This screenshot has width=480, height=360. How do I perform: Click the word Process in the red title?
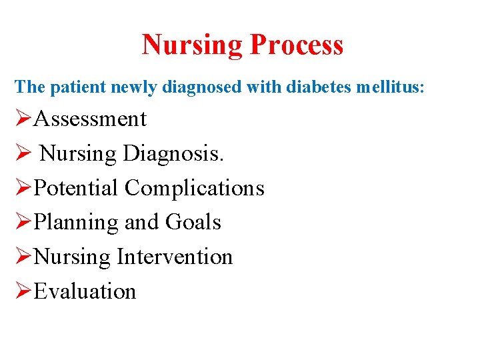point(297,45)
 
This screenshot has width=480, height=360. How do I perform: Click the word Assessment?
point(90,119)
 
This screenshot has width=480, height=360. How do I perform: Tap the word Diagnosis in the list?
point(173,153)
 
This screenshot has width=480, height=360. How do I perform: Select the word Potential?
point(76,188)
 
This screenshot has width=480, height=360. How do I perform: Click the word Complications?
point(195,188)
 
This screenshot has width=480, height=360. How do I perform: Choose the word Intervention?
point(175,257)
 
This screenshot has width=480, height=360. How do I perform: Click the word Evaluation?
point(85,291)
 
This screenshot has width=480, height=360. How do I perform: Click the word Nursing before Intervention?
point(72,257)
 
